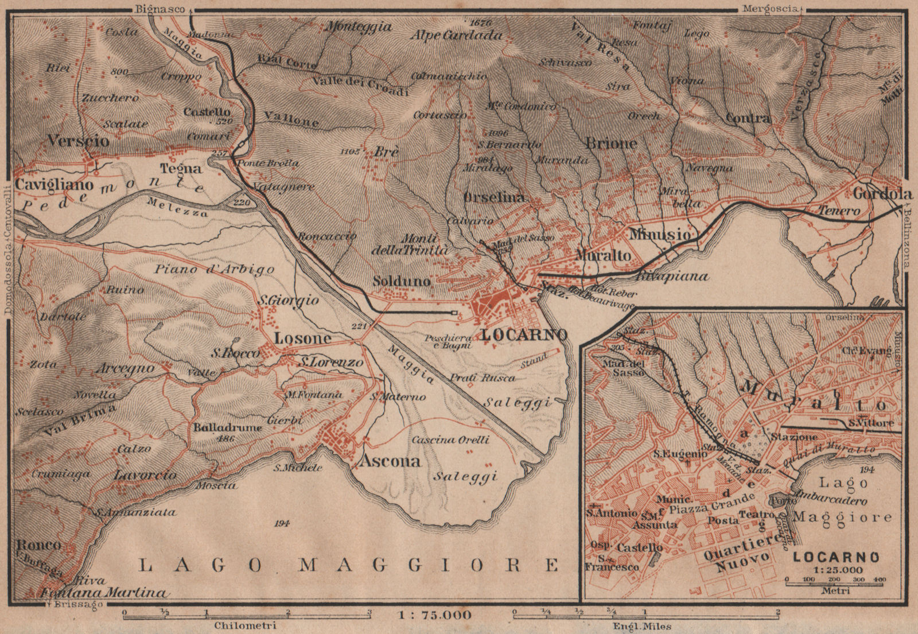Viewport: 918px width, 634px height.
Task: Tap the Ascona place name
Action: [390, 461]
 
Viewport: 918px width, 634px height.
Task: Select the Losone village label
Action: [302, 339]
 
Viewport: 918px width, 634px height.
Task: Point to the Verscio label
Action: [79, 141]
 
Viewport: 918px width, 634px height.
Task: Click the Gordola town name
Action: [882, 194]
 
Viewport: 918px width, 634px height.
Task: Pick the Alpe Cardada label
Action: [456, 35]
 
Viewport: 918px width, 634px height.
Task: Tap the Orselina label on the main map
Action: [494, 197]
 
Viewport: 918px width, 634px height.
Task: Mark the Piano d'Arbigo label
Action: [215, 269]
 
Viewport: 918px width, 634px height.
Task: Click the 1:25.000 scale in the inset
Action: [836, 570]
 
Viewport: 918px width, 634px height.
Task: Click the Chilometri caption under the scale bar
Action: [244, 625]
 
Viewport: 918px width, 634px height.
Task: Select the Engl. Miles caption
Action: [643, 626]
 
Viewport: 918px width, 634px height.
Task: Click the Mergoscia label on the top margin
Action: [771, 9]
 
